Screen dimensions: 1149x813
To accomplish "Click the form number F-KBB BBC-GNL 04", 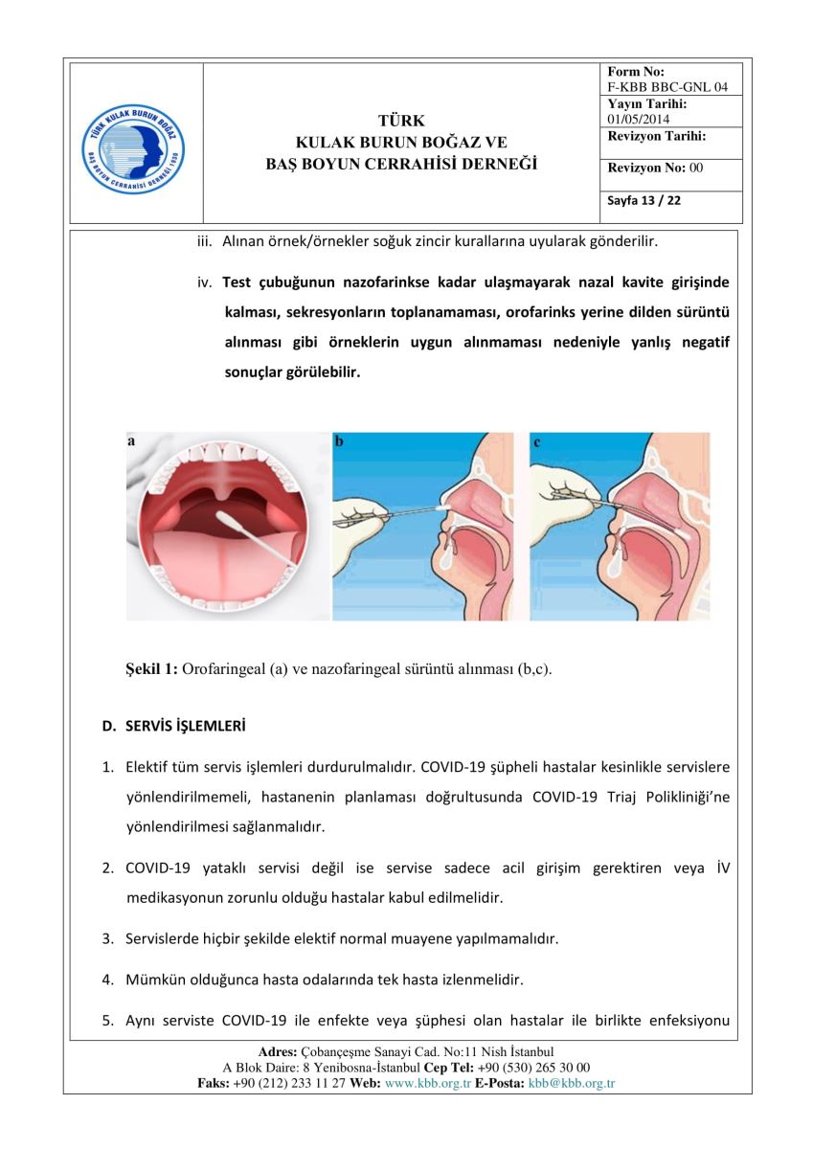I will tap(667, 87).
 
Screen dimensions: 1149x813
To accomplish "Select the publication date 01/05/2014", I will tap(639, 119).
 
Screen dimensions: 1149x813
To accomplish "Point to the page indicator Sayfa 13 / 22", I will tap(644, 201).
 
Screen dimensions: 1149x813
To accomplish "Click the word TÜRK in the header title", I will tap(401, 121).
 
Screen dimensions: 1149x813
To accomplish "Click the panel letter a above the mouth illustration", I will tap(130, 441).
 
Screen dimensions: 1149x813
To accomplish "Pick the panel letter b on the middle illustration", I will tap(339, 441).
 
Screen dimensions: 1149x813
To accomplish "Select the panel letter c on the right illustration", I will tap(536, 441).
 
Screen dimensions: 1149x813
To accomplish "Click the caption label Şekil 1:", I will tap(147, 669).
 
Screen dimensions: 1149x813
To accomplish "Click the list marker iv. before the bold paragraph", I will tap(203, 282).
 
